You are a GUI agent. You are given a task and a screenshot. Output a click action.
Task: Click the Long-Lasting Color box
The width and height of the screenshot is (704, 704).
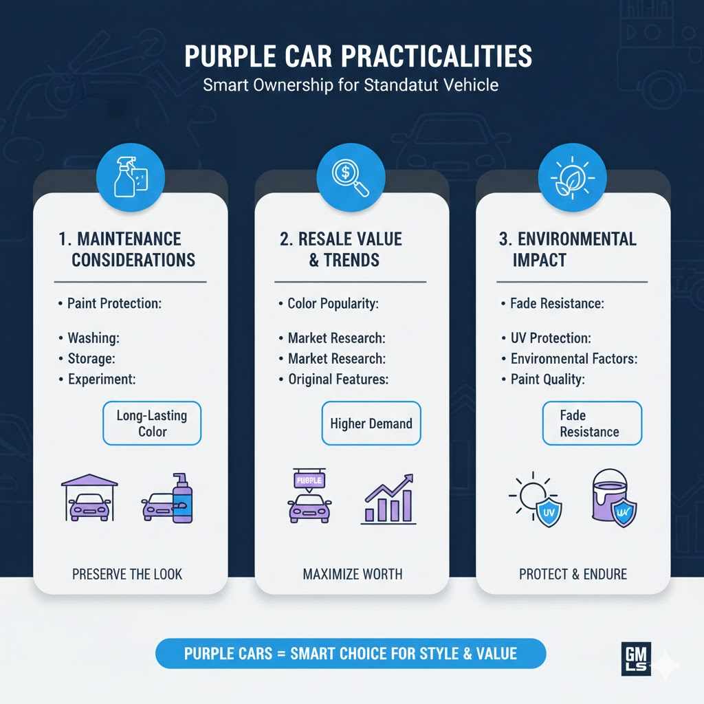click(152, 423)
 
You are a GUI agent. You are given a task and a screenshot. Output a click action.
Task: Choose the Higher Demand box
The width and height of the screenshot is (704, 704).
click(371, 423)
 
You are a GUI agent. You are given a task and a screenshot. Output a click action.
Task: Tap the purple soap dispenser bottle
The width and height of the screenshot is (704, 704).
click(182, 498)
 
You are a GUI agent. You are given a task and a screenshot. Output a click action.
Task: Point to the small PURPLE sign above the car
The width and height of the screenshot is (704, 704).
click(309, 479)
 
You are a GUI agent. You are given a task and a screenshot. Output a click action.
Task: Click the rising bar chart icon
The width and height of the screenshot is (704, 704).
click(388, 499)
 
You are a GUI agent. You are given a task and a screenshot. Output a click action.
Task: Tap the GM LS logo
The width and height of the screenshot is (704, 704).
click(636, 659)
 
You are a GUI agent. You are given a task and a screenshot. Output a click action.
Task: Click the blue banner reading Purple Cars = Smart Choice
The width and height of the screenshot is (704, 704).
click(351, 653)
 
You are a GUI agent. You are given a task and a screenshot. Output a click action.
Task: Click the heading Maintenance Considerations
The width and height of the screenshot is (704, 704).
click(127, 249)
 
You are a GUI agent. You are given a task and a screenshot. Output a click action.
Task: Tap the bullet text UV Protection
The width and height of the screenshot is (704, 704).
click(551, 338)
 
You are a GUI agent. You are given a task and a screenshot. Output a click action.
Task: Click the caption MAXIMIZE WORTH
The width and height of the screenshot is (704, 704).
click(353, 573)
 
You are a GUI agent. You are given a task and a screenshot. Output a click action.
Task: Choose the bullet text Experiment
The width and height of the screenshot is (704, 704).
click(102, 379)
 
